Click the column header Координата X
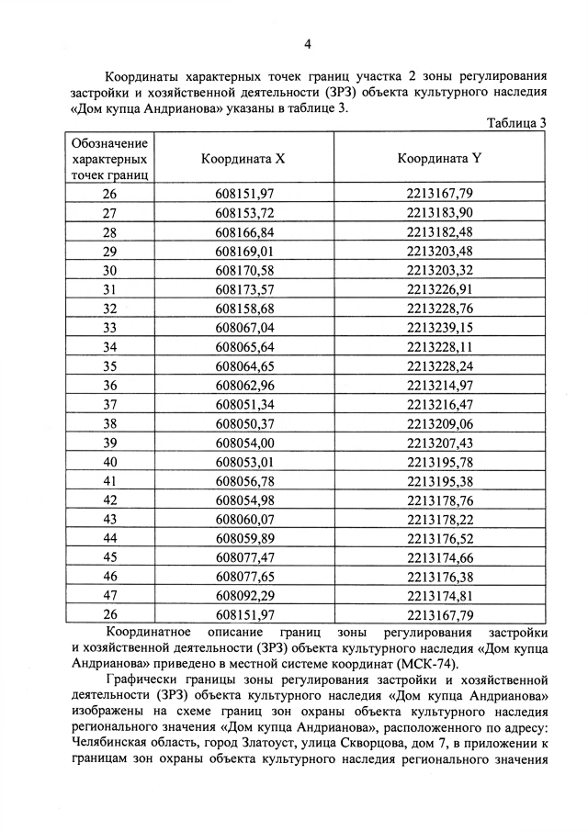[x=243, y=158]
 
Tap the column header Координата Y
[x=440, y=158]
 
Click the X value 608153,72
[x=245, y=212]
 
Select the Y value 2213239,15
[x=440, y=327]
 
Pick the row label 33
[x=110, y=327]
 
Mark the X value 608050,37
[x=245, y=422]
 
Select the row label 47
[x=110, y=595]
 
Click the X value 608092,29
[x=245, y=595]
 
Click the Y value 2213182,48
[x=440, y=231]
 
